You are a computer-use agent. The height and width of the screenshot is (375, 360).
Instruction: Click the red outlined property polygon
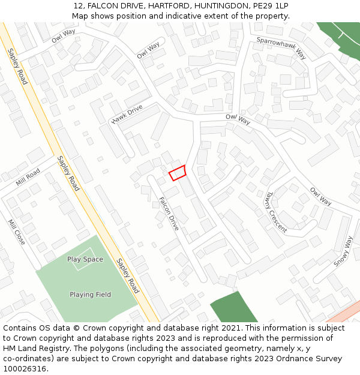coord(178,173)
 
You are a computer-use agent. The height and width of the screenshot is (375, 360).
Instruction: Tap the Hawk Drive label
coord(127,114)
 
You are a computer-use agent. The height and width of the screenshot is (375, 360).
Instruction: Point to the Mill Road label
coord(28,177)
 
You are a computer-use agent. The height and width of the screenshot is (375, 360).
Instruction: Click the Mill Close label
coord(16,232)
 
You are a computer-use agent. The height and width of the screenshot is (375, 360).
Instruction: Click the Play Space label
coord(85,259)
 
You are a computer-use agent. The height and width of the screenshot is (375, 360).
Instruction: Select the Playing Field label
coord(90,295)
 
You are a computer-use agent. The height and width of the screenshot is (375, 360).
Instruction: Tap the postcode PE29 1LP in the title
coord(274,5)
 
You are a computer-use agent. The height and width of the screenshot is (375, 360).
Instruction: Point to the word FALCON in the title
coord(104,5)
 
